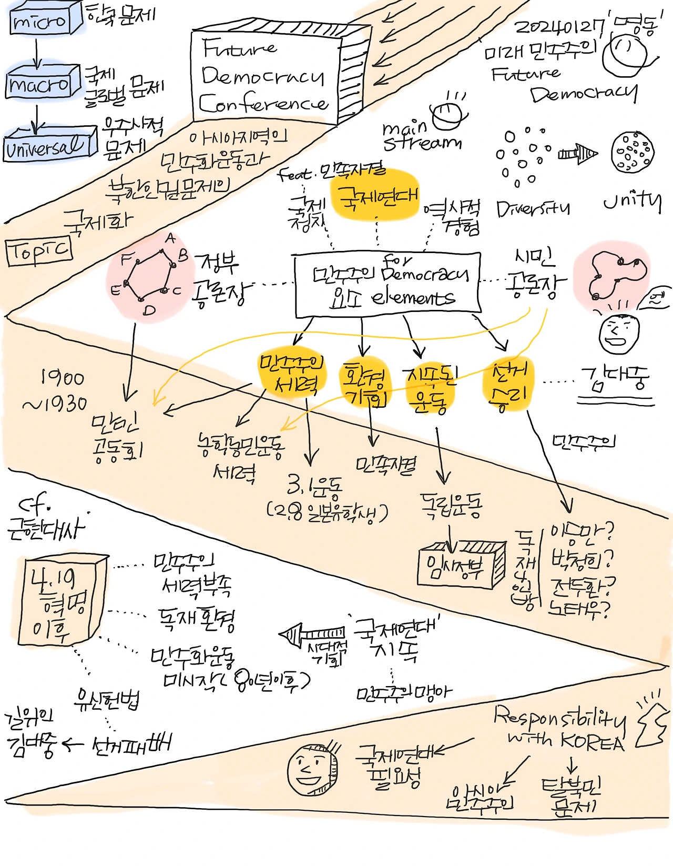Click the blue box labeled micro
41,22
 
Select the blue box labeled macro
39,84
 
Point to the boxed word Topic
39,251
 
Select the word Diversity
533,209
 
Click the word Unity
632,200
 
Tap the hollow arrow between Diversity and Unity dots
577,154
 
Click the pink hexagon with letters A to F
150,276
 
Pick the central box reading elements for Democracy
388,286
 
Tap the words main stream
421,136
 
